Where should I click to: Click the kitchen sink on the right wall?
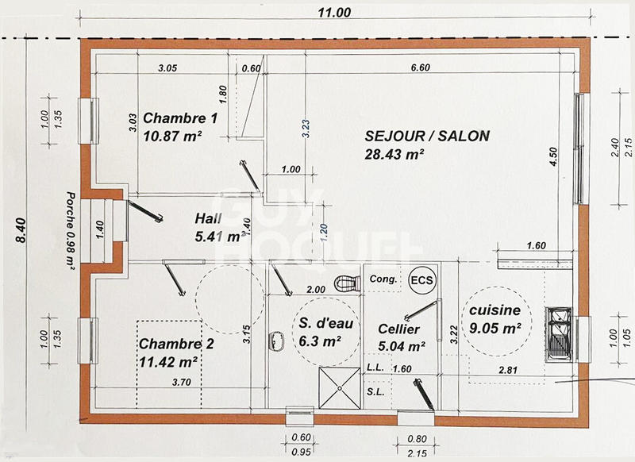560,332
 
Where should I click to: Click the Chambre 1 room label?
180,119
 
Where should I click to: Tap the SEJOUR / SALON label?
427,136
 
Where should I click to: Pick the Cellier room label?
399,328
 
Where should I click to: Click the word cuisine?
495,310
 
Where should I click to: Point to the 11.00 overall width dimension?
333,12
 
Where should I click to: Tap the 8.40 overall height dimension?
21,230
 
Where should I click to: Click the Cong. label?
384,279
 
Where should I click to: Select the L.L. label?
375,368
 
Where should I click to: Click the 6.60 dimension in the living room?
420,67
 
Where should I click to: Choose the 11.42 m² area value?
168,361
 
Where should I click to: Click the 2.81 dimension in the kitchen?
507,369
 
